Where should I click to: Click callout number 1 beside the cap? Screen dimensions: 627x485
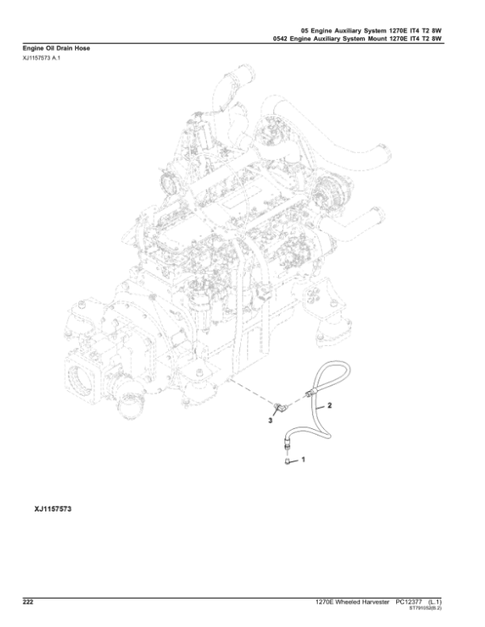(303, 460)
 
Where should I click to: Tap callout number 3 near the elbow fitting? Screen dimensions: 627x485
(270, 420)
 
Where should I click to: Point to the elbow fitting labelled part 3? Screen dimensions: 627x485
(277, 408)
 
